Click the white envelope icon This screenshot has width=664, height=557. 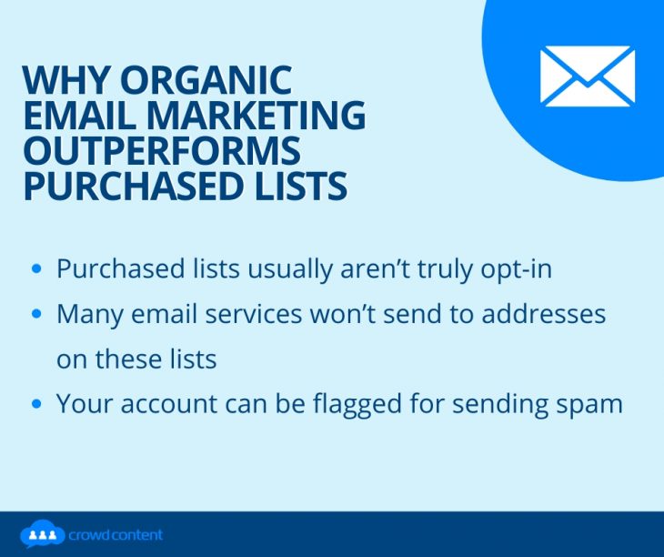[587, 76]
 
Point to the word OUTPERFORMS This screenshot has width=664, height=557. [161, 151]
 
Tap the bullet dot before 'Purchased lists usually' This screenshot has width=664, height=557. [36, 269]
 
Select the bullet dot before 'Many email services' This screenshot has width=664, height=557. [36, 314]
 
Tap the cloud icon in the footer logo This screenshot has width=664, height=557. [41, 534]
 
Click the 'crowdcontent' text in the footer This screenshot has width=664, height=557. [116, 535]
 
